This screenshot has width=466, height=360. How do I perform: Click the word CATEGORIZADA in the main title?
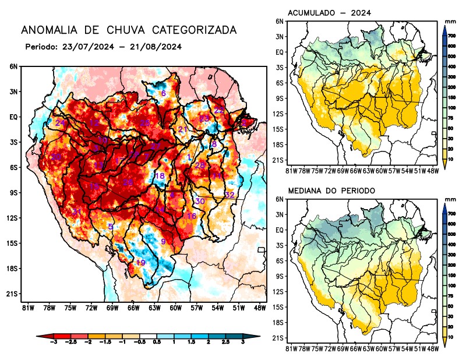click(195, 30)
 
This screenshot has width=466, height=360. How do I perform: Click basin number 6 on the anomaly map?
click(164, 94)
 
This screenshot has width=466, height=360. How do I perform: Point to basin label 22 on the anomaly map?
click(219, 110)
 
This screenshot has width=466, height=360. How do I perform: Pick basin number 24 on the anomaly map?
click(60, 123)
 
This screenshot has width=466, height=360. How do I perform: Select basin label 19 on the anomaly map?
click(140, 263)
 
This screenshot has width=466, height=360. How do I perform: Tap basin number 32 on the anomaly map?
click(230, 195)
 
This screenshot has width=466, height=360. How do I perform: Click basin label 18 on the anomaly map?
click(160, 176)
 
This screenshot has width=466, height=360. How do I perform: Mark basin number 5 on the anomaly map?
click(111, 226)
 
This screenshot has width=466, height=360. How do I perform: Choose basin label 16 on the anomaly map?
click(191, 216)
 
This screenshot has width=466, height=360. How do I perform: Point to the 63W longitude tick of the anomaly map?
click(154, 308)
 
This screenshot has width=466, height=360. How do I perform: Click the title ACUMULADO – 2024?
click(330, 13)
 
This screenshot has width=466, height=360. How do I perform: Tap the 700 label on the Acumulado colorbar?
click(451, 36)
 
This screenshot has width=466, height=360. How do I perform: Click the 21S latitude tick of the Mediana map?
click(278, 338)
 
